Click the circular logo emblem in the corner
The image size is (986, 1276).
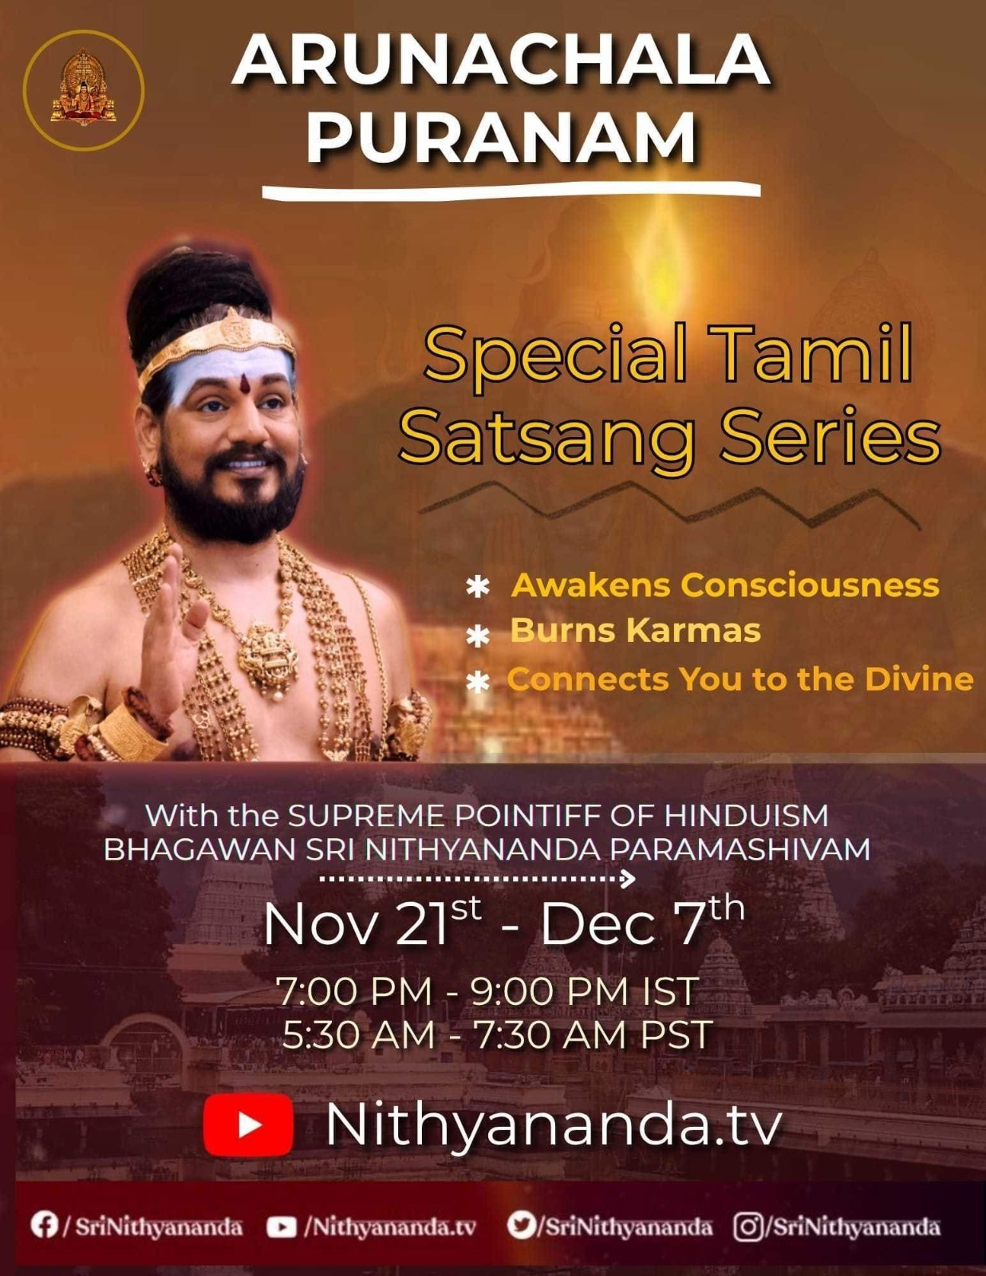(84, 90)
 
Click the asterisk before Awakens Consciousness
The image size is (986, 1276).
(478, 588)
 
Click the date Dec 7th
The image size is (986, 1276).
(642, 923)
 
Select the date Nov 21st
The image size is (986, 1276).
(373, 923)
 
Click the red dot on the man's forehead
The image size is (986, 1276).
(244, 384)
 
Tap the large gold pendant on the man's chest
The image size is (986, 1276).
(268, 656)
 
